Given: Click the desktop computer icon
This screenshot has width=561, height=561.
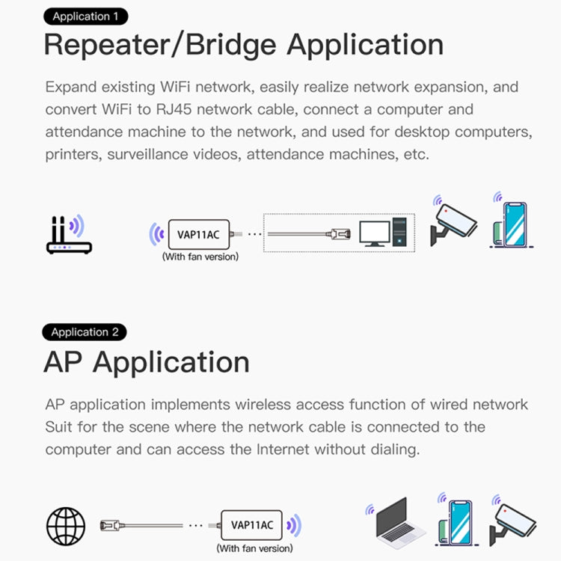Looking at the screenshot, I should point(386,233).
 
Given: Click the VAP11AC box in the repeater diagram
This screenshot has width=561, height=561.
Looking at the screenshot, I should point(198,233).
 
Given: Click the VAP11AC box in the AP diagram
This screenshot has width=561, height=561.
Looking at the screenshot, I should point(251,524).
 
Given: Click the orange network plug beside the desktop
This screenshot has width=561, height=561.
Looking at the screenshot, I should point(340,234).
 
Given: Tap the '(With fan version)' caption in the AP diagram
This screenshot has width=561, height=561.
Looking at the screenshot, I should point(254,548).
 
